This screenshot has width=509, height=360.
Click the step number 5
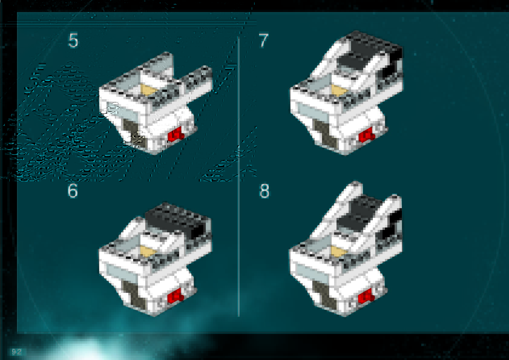[x=73, y=41]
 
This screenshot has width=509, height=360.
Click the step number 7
[x=264, y=41]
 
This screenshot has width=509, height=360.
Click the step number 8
[x=264, y=191]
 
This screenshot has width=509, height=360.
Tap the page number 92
[x=17, y=352]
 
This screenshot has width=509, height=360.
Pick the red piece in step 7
[x=366, y=135]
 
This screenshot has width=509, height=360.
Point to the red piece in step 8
[x=366, y=296]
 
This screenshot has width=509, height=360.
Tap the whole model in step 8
[x=345, y=249]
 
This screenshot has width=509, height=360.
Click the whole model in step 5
[x=156, y=103]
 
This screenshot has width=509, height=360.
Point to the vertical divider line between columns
[x=238, y=177]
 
